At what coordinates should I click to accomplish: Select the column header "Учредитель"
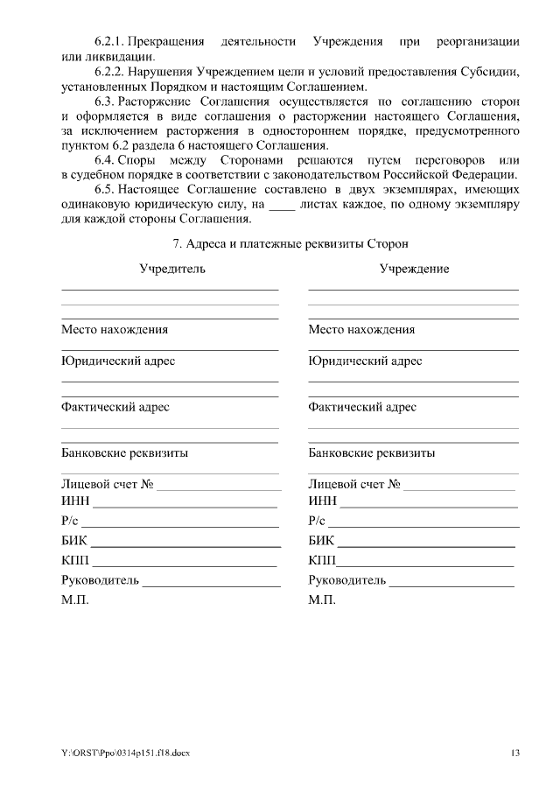[172, 269]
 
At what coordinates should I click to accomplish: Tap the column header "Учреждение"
[414, 269]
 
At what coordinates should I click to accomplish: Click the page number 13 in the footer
[515, 753]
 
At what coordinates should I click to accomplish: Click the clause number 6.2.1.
[110, 41]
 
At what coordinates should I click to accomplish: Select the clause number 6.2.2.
[110, 72]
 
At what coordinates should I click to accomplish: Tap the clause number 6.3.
[106, 102]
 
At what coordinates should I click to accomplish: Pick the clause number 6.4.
[106, 160]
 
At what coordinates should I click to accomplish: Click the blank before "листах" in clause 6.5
[281, 205]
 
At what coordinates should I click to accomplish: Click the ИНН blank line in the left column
[185, 502]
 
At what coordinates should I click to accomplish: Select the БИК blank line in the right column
[426, 542]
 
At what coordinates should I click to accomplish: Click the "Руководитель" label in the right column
[347, 580]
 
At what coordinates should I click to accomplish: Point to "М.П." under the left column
[74, 600]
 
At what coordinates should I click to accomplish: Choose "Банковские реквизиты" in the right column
[372, 453]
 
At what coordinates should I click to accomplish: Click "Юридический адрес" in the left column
[118, 361]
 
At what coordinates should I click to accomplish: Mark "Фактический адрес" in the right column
[362, 407]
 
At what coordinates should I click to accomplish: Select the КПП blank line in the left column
[185, 562]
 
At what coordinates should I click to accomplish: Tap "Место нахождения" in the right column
[361, 330]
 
